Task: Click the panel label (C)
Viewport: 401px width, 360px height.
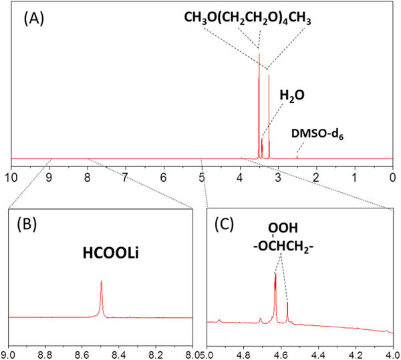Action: point(232,225)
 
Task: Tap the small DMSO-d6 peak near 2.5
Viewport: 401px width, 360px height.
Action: point(297,157)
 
